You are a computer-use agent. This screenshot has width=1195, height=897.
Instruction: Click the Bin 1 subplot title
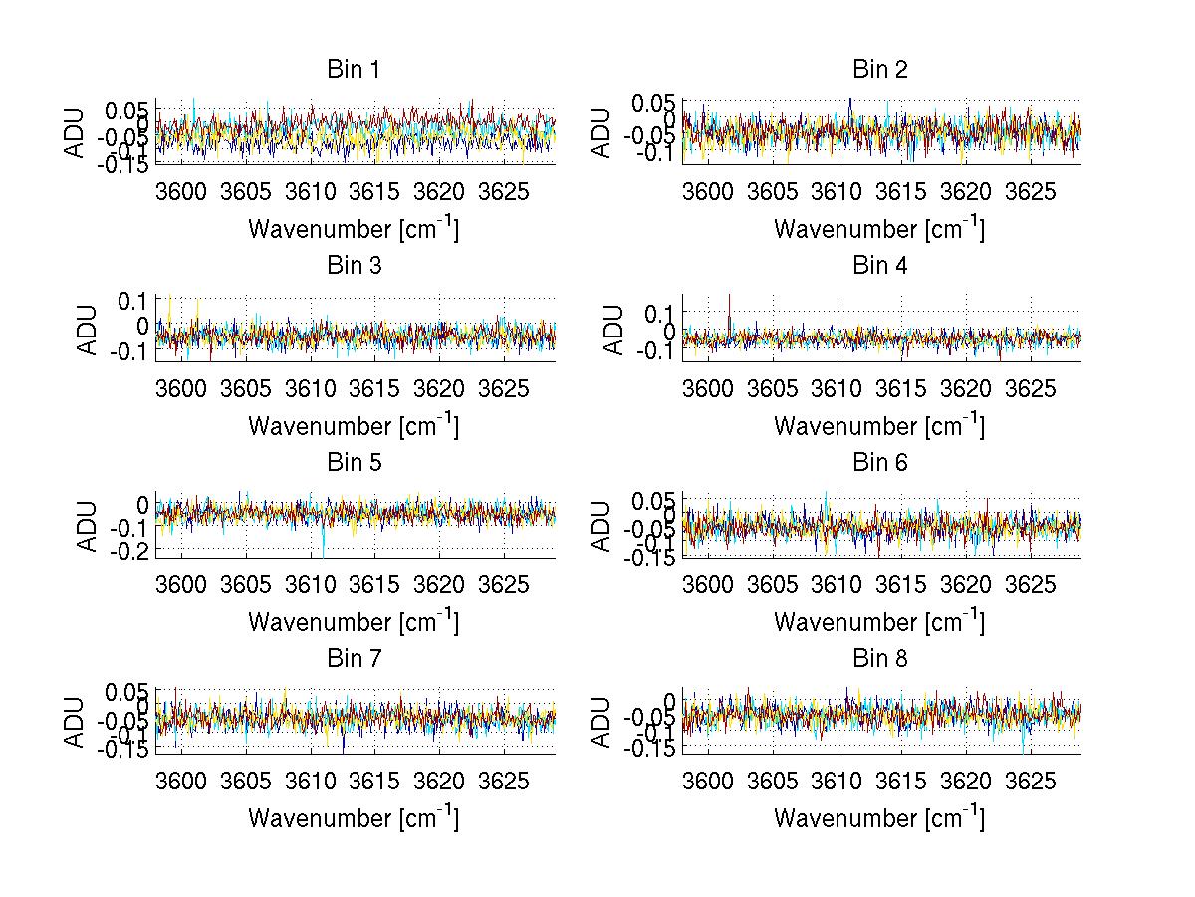(x=354, y=70)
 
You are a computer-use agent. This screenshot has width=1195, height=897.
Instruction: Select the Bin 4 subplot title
(x=879, y=266)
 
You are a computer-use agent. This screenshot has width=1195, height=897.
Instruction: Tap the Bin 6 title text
(x=879, y=462)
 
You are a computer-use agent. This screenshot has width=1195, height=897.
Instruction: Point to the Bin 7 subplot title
(x=354, y=659)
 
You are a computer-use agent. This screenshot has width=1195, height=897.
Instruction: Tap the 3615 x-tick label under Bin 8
(x=901, y=782)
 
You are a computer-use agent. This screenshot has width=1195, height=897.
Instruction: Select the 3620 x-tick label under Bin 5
(x=439, y=585)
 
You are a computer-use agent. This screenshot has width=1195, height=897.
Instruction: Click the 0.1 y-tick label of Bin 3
(x=132, y=300)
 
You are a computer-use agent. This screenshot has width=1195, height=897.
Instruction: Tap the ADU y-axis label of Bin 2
(x=601, y=132)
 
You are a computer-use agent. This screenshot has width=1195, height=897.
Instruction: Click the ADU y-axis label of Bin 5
(x=88, y=526)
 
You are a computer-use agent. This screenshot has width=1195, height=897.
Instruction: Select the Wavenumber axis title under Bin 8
(x=879, y=817)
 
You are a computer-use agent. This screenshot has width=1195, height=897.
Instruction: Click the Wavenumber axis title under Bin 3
(x=354, y=425)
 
